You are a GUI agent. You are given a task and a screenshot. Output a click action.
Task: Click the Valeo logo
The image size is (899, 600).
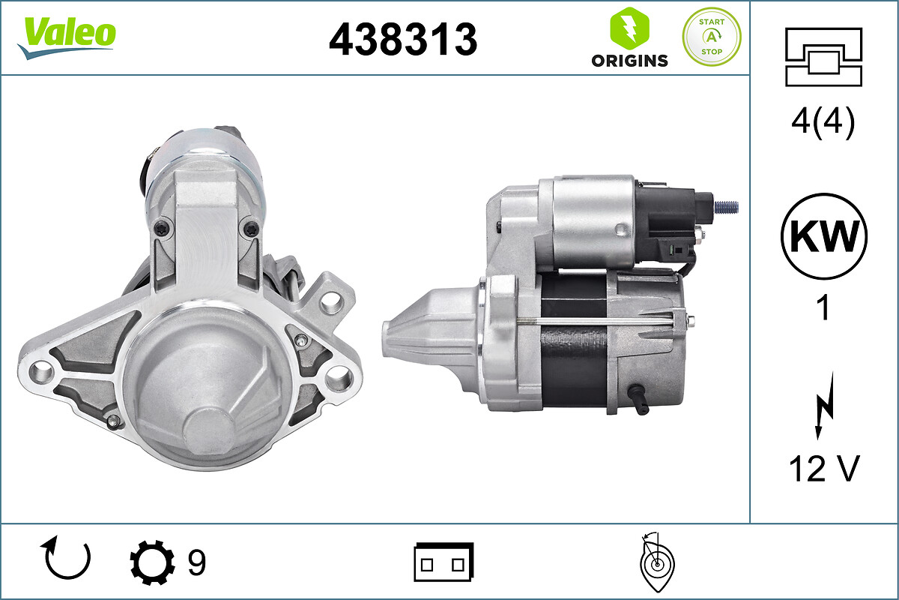pyautogui.click(x=67, y=37)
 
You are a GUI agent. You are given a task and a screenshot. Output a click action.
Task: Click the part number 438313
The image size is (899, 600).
pyautogui.click(x=403, y=40)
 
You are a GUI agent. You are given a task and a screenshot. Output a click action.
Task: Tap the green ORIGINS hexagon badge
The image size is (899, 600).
pyautogui.click(x=629, y=28)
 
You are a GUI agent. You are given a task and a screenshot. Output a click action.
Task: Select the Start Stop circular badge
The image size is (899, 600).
pyautogui.click(x=712, y=37)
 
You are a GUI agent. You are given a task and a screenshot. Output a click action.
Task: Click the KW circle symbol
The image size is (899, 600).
pyautogui.click(x=824, y=236)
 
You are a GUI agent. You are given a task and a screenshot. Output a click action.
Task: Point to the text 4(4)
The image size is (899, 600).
pyautogui.click(x=823, y=121)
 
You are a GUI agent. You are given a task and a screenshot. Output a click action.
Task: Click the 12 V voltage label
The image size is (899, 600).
pyautogui.click(x=823, y=469)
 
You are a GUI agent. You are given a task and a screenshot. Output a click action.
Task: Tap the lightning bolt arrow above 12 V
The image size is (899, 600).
pyautogui.click(x=825, y=406)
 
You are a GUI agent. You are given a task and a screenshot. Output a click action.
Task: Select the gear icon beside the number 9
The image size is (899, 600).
pyautogui.click(x=152, y=562)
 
